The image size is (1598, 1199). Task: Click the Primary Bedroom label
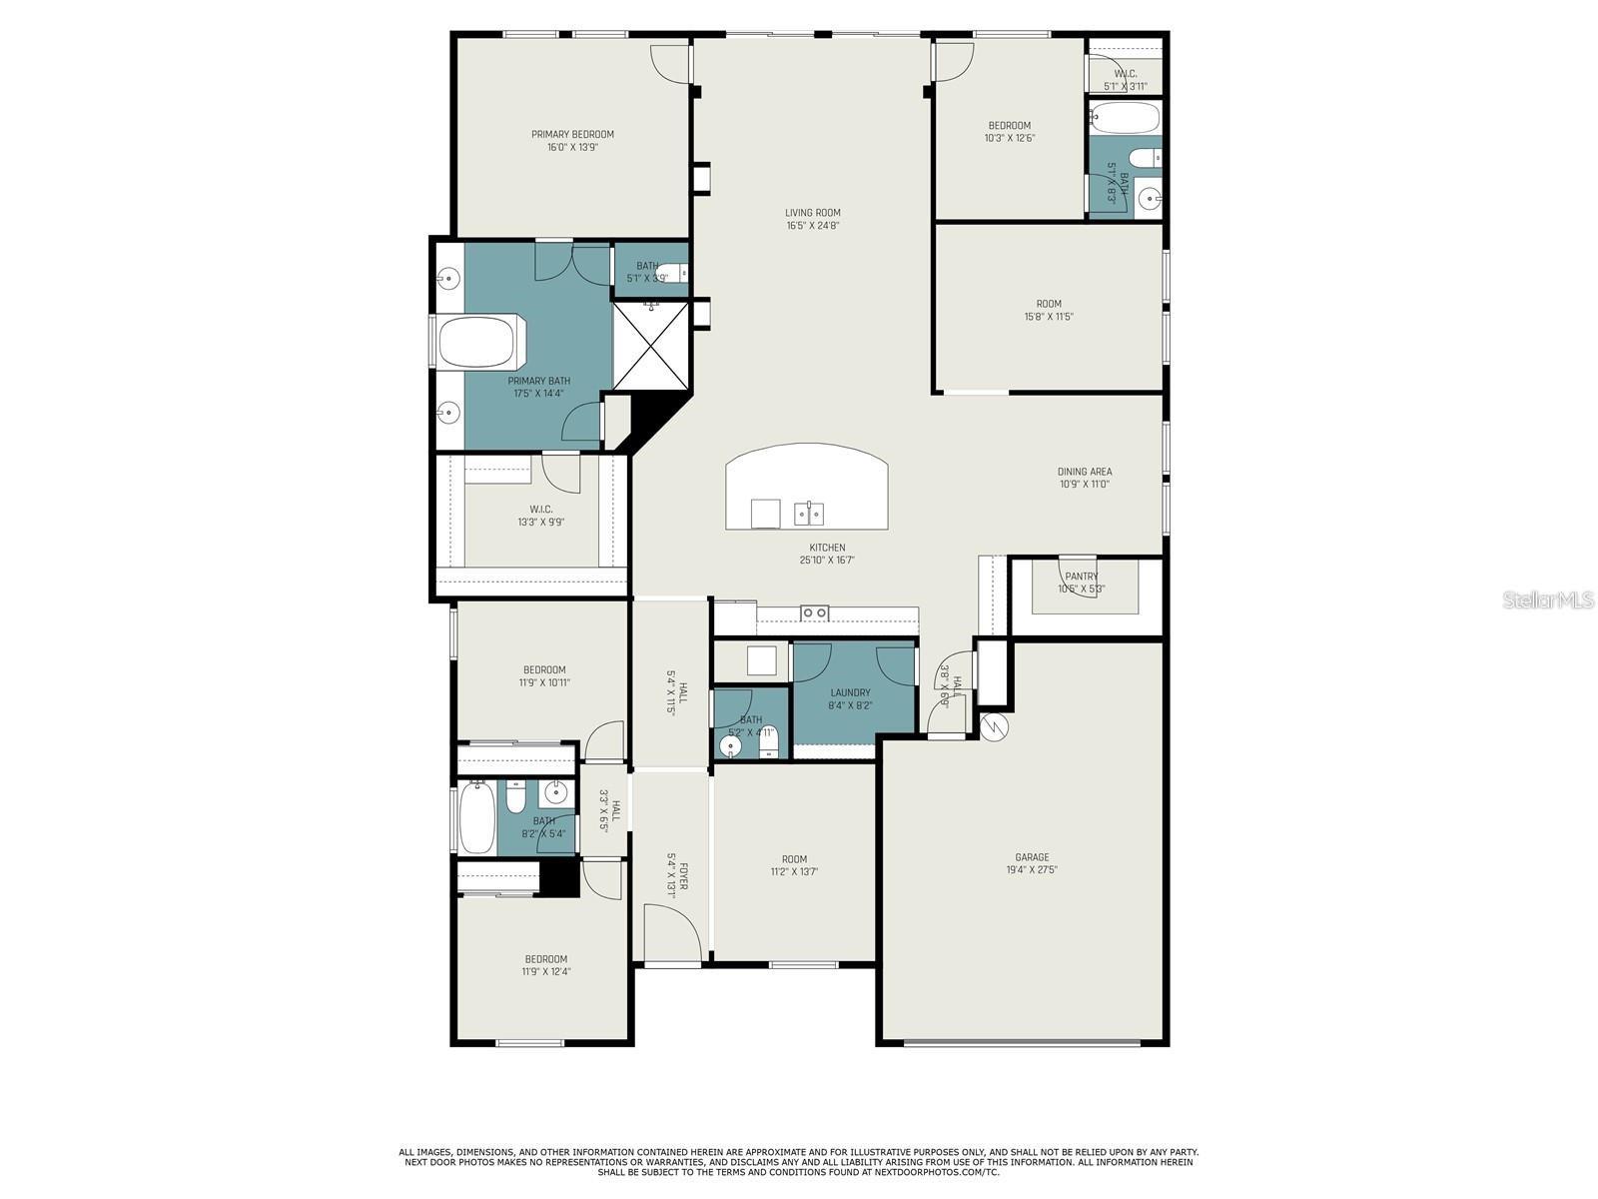572,134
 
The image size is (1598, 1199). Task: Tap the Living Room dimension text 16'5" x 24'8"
812,226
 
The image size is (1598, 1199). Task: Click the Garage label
1032,857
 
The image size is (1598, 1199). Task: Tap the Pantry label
1081,577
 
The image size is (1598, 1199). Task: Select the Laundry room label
850,692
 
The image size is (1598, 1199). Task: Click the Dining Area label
1084,472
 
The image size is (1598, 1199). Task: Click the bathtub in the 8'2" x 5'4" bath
477,818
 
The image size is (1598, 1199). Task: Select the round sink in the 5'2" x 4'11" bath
730,746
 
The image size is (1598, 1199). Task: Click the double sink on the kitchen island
809,514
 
